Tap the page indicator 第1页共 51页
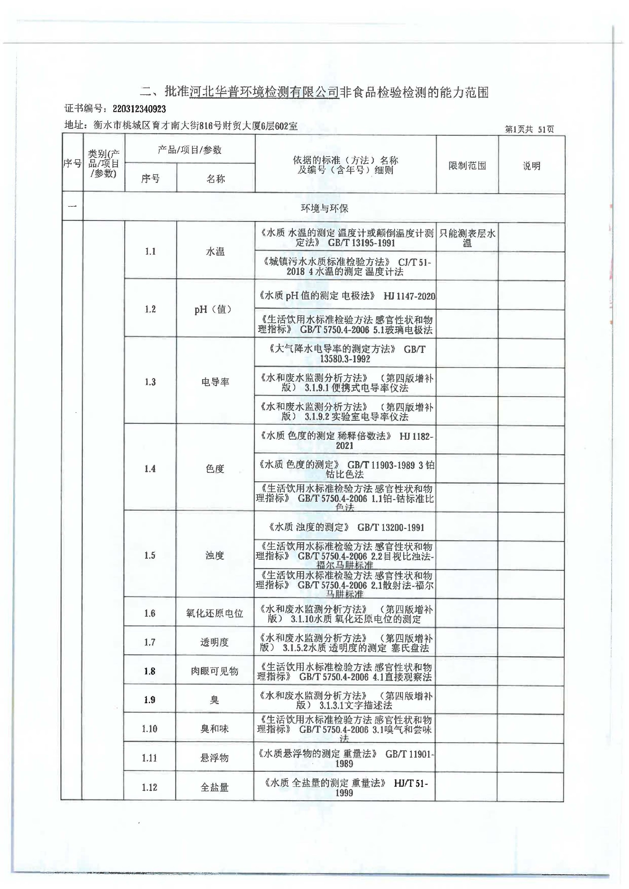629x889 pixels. (529, 129)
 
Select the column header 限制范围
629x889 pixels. (467, 166)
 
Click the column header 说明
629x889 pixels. (531, 166)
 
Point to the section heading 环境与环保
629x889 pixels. (324, 208)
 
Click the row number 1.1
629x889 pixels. (150, 251)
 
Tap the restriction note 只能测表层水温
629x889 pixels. (467, 238)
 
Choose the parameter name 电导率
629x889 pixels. (215, 382)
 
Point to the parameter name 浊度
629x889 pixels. (215, 556)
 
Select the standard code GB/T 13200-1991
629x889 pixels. (391, 528)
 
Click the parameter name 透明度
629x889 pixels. (214, 643)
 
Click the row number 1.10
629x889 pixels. (149, 729)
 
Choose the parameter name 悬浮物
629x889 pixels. (214, 758)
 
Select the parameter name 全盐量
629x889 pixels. (214, 787)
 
